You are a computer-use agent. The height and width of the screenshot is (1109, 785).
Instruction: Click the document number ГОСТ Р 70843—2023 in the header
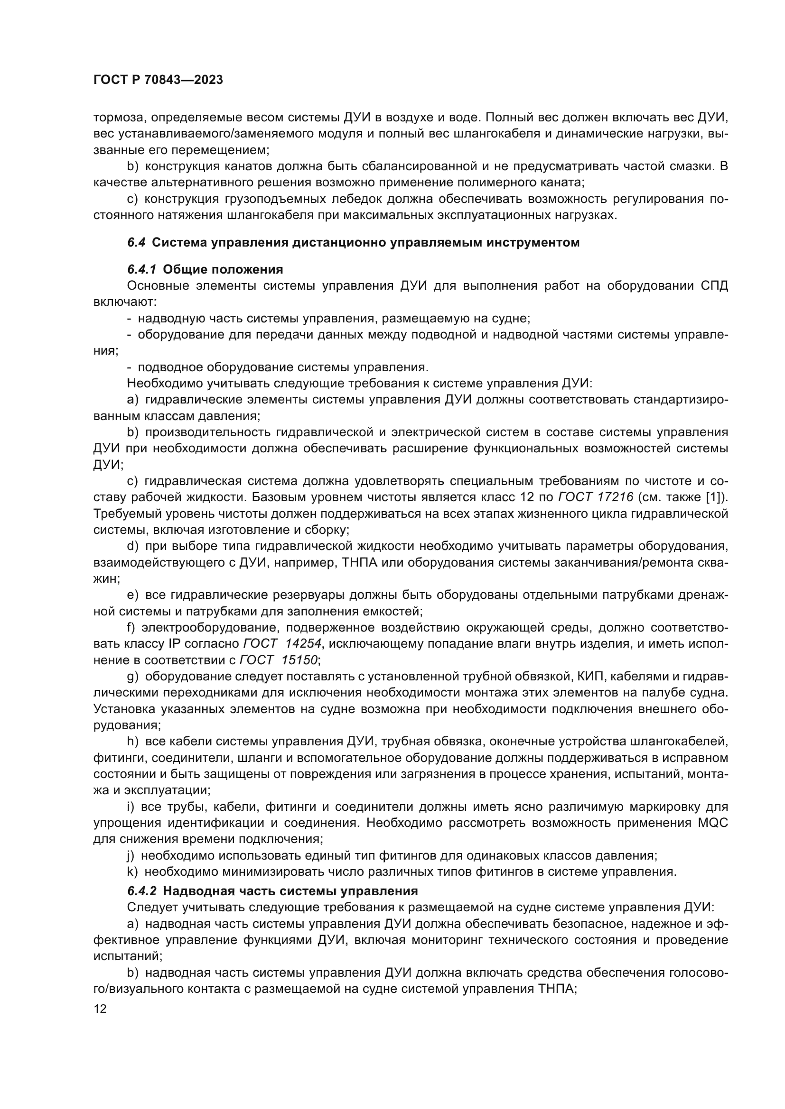(158, 80)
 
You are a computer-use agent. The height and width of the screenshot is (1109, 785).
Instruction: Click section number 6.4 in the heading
(136, 242)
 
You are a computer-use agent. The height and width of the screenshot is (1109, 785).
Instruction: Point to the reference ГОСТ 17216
(596, 497)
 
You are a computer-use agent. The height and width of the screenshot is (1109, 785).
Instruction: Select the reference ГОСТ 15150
(279, 660)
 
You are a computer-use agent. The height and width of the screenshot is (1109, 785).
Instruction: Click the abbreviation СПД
(714, 285)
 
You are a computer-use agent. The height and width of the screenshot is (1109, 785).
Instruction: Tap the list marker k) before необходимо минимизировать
(132, 872)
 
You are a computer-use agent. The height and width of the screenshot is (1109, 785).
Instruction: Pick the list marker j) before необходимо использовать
(130, 855)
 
